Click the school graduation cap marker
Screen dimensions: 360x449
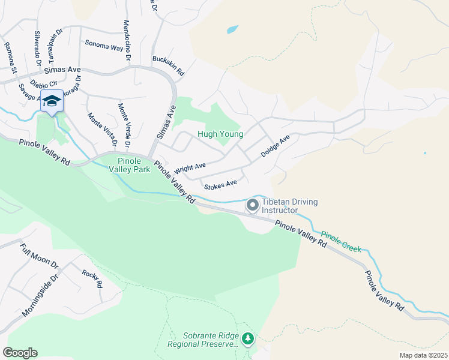(52, 101)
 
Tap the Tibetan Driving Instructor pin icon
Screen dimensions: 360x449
(253, 206)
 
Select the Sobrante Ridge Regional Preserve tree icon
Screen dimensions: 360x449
(248, 339)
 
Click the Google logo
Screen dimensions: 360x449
(20, 353)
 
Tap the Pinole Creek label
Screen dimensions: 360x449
(341, 241)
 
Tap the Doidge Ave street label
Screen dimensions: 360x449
(276, 146)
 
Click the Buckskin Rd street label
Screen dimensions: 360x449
(168, 65)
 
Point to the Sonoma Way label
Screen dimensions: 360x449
(104, 44)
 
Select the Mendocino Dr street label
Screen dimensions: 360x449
(127, 40)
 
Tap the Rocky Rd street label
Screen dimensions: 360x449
(92, 280)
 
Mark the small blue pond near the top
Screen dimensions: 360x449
(232, 29)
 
